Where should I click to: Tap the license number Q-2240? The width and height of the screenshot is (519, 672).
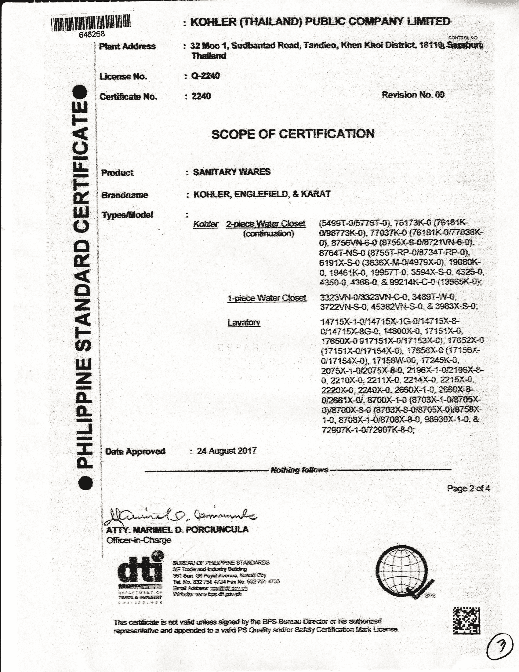tap(205, 76)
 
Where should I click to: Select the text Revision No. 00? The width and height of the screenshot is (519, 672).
tap(413, 95)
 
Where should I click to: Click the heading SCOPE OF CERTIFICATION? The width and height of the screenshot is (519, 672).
tap(293, 134)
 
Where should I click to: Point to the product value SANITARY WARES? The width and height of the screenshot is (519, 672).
tap(231, 172)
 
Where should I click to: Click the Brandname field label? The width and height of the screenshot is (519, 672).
tap(125, 195)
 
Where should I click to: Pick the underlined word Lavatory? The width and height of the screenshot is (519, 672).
tap(244, 323)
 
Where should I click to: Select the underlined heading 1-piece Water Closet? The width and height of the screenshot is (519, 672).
tap(267, 298)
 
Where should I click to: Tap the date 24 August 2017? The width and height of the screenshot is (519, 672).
tap(227, 451)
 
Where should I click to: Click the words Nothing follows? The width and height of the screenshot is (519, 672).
tap(299, 470)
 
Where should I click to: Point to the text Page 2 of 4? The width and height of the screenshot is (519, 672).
tap(468, 488)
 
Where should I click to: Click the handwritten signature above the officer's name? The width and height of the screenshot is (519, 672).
tap(181, 517)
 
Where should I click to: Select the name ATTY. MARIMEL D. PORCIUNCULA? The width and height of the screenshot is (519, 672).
tap(177, 530)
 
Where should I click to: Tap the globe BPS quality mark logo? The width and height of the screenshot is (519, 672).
tap(403, 572)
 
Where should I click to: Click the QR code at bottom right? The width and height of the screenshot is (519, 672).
tap(466, 621)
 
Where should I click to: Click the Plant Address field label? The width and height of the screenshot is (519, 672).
tap(127, 46)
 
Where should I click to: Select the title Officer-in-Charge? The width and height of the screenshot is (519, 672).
tap(139, 540)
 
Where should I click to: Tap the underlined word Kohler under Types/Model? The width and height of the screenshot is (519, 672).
tap(205, 224)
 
